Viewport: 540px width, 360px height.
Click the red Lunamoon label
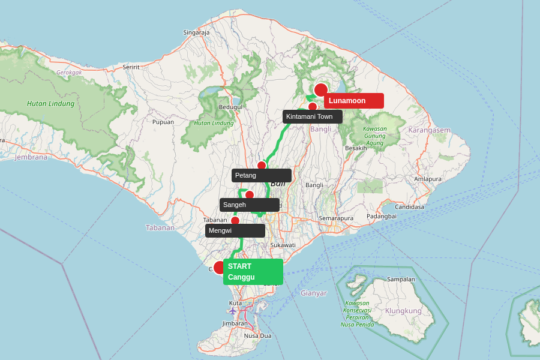click(353, 101)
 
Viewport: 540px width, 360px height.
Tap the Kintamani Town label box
click(312, 116)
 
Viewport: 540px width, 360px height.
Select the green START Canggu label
click(253, 271)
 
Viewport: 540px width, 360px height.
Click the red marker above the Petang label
click(262, 166)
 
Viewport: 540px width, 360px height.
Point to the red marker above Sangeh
click(250, 195)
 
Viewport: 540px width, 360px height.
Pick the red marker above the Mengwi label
click(235, 221)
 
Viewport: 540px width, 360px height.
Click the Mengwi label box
click(235, 230)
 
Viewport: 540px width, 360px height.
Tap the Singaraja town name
click(196, 32)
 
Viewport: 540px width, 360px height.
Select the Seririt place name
click(131, 67)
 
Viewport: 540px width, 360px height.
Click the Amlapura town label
click(428, 179)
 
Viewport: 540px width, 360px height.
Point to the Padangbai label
click(382, 216)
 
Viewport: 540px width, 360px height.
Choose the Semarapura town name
click(336, 218)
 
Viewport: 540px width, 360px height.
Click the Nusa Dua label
click(257, 335)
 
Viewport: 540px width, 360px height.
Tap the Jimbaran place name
click(235, 323)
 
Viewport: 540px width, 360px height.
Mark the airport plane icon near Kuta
click(233, 311)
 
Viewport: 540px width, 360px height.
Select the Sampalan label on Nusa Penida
click(401, 279)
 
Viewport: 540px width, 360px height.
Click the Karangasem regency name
click(429, 130)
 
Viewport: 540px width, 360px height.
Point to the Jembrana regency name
click(31, 157)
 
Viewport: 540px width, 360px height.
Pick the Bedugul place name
click(230, 107)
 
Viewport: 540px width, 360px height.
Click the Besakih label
click(356, 148)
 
